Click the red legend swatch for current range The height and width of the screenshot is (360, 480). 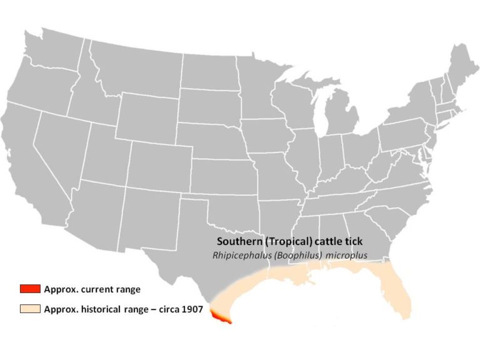coord(29,289)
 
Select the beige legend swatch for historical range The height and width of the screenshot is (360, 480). coord(29,309)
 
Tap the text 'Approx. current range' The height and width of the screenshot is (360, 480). coord(92,289)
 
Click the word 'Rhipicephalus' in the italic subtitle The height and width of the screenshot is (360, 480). coord(241,255)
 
